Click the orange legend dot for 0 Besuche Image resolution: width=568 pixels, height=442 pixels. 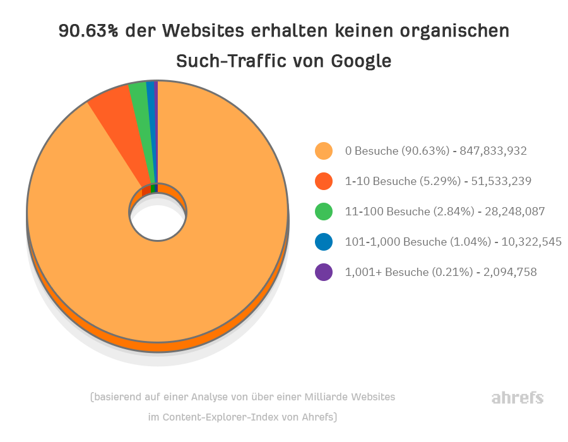324,151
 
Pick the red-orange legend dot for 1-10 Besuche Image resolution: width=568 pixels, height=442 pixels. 324,181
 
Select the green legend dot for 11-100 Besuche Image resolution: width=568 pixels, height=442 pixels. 324,212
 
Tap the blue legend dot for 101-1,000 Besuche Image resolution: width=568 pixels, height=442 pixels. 324,242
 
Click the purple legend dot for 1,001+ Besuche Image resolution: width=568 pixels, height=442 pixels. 324,272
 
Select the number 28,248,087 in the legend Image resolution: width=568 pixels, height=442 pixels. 514,212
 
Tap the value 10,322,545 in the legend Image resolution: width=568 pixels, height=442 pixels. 531,242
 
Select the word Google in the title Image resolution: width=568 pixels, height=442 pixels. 362,61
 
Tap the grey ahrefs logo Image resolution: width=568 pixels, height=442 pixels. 517,398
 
